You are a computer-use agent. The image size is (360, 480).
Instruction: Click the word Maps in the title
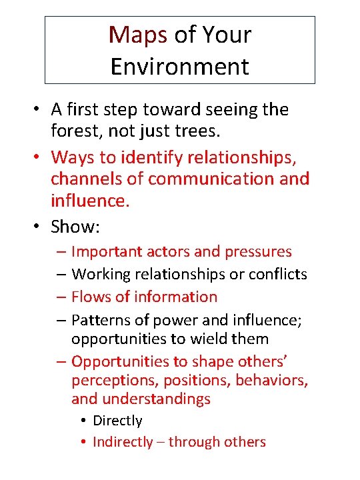(x=138, y=34)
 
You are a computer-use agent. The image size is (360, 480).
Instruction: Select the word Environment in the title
(x=179, y=67)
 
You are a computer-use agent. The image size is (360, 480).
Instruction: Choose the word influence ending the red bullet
(x=88, y=201)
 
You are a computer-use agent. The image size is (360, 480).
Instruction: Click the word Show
(x=73, y=227)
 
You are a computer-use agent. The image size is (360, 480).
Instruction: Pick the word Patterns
(x=99, y=319)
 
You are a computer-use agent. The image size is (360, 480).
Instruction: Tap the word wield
(x=208, y=339)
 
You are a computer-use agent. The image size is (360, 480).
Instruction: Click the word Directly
(x=117, y=421)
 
